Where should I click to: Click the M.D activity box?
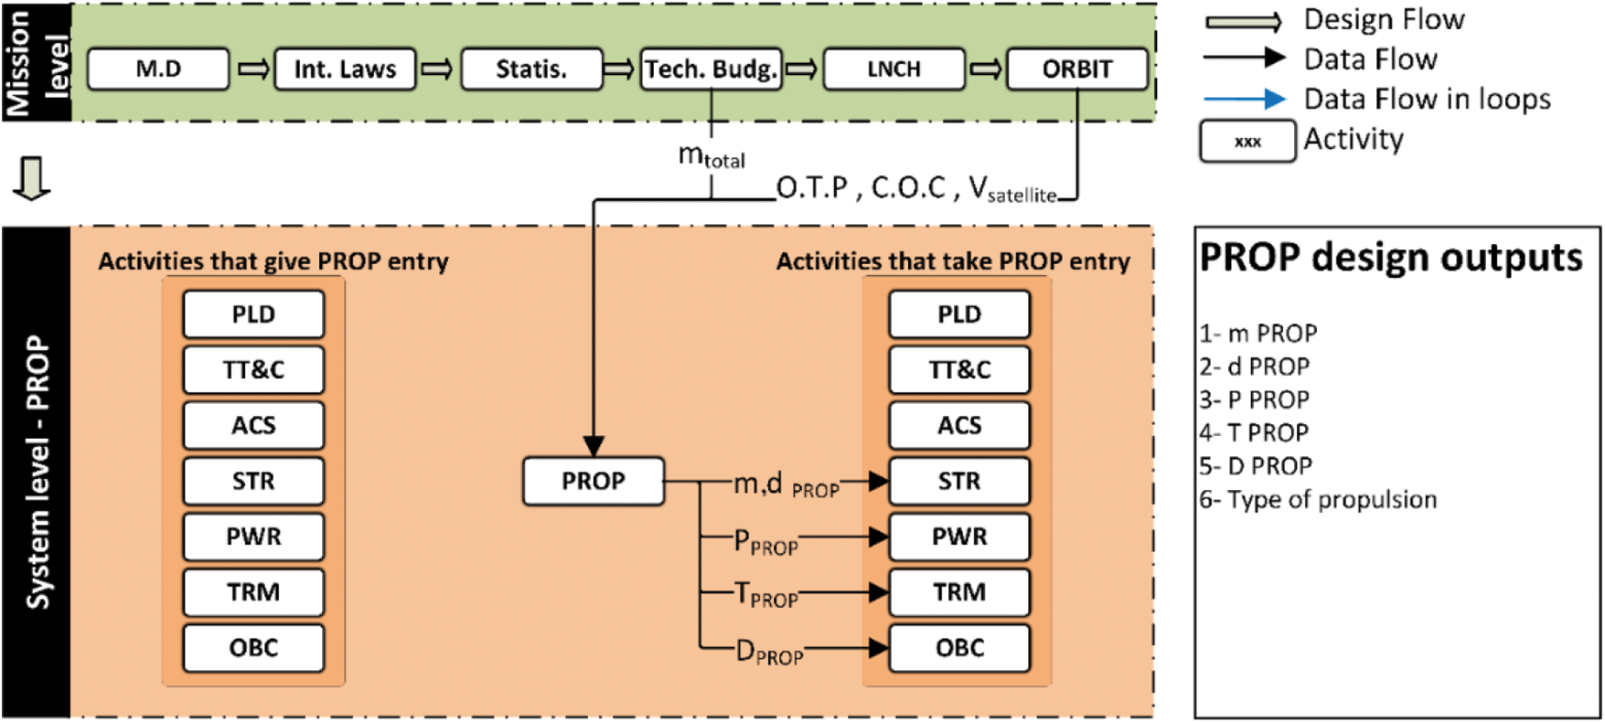coord(158,69)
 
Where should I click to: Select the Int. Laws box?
coord(345,69)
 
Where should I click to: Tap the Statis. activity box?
coord(531,69)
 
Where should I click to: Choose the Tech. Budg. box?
coord(711,69)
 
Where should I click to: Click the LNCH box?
coord(893,69)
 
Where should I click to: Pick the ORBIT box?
coord(1076,69)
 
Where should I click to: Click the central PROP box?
coord(593,481)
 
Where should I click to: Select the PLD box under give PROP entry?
coord(253,314)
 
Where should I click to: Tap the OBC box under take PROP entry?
coord(958,648)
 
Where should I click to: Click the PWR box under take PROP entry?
coord(958,537)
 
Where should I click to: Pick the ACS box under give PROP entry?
coord(253,426)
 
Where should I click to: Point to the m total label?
coord(712,156)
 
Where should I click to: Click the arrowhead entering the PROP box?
coord(594,446)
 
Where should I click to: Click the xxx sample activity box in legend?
coord(1247,142)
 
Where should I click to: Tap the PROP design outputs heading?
coord(1390,258)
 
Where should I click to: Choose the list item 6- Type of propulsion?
coord(1318,500)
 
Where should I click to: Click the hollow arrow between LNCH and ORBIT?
coord(985,69)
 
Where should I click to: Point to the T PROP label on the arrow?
coord(766,596)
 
